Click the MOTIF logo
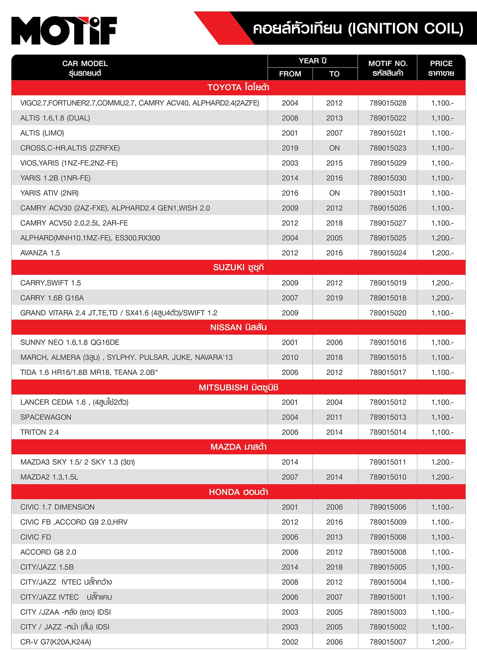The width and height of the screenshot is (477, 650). click(64, 30)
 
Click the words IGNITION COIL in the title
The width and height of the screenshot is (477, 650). click(405, 29)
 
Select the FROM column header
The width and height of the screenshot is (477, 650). click(290, 74)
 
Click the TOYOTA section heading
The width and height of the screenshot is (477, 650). click(238, 88)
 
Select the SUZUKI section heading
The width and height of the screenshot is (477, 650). click(238, 268)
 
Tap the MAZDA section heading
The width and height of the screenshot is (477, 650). click(238, 447)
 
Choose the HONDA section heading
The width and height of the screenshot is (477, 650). click(238, 492)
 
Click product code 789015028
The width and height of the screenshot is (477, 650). click(388, 103)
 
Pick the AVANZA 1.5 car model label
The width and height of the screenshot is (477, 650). click(40, 253)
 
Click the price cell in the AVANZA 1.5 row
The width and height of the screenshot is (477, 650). click(442, 253)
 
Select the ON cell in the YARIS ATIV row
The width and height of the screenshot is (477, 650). click(334, 193)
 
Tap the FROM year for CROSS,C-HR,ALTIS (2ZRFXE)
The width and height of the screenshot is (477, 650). click(290, 148)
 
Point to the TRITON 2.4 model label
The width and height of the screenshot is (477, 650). click(40, 432)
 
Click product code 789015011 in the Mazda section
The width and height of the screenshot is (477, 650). click(388, 462)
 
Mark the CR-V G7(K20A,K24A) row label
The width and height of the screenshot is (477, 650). click(56, 642)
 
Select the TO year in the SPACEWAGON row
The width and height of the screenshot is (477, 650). click(334, 417)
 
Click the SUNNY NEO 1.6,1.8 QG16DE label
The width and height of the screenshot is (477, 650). click(70, 342)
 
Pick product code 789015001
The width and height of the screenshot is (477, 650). click(388, 597)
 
